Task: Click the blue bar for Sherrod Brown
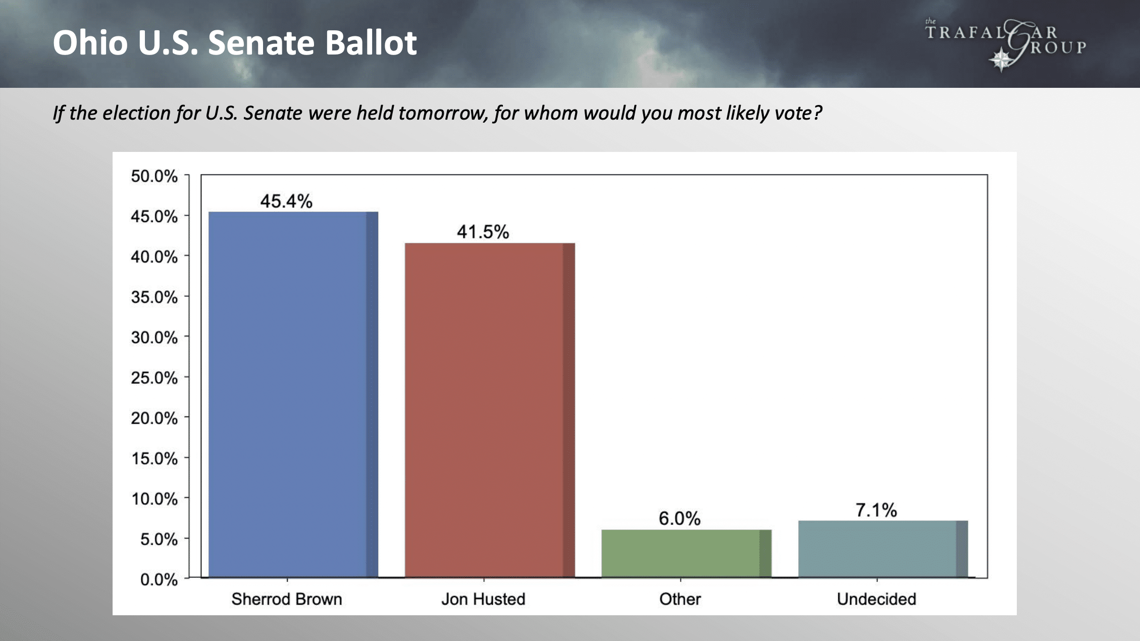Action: pyautogui.click(x=293, y=394)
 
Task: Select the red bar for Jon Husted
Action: pyautogui.click(x=490, y=410)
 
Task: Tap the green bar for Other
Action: pyautogui.click(x=686, y=553)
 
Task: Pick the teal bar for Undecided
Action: pyautogui.click(x=883, y=549)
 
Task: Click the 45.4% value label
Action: pyautogui.click(x=286, y=201)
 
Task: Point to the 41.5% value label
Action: pyautogui.click(x=483, y=232)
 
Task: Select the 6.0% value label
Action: pyautogui.click(x=680, y=518)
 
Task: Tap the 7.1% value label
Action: pyautogui.click(x=876, y=510)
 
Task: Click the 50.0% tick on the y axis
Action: pyautogui.click(x=154, y=176)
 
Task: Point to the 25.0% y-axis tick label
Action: pyautogui.click(x=154, y=378)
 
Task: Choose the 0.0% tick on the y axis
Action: pyautogui.click(x=159, y=579)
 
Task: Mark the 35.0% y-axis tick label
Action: pyautogui.click(x=154, y=297)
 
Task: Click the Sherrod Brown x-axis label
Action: pyautogui.click(x=287, y=599)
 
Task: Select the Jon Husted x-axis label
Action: pyautogui.click(x=483, y=599)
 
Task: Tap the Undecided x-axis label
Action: pyautogui.click(x=876, y=599)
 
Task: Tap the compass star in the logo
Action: pyautogui.click(x=1001, y=60)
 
